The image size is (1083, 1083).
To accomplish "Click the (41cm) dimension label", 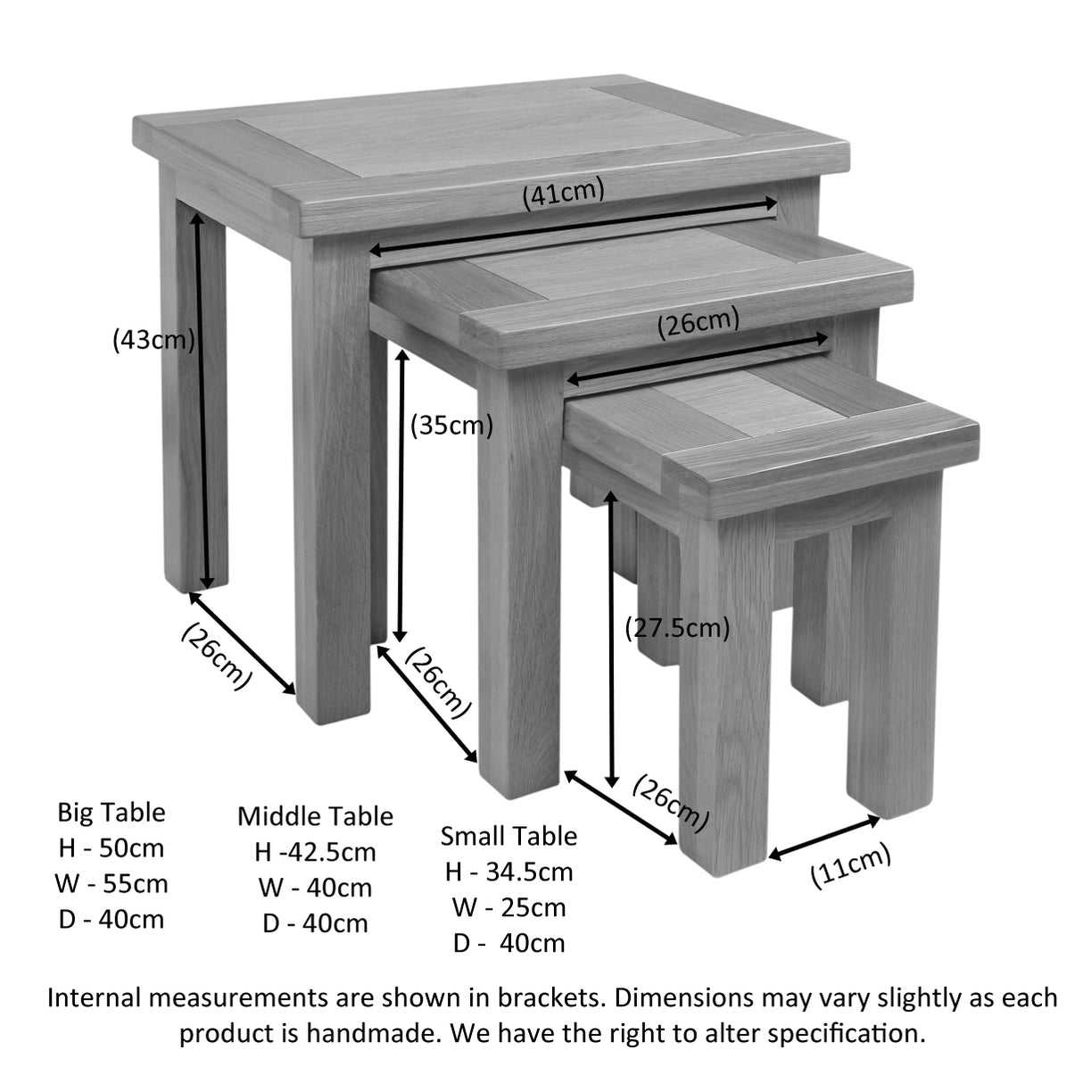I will pyautogui.click(x=563, y=194).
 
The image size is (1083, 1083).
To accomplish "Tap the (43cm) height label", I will pyautogui.click(x=153, y=340).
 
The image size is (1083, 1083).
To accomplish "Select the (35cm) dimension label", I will pyautogui.click(x=451, y=426).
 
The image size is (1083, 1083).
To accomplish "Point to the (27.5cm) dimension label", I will pyautogui.click(x=677, y=628).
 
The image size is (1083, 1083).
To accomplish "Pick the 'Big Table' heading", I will pyautogui.click(x=112, y=813).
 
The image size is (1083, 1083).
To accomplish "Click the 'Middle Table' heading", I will pyautogui.click(x=315, y=816).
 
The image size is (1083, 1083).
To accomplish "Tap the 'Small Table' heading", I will pyautogui.click(x=508, y=836).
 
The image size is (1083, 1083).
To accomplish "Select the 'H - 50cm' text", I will pyautogui.click(x=112, y=848).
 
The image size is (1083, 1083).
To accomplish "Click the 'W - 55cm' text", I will pyautogui.click(x=112, y=884).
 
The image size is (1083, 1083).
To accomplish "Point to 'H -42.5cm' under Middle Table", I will pyautogui.click(x=315, y=852).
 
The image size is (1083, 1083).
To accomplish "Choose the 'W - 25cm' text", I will pyautogui.click(x=508, y=907).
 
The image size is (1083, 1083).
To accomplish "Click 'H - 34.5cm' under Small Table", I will pyautogui.click(x=508, y=872).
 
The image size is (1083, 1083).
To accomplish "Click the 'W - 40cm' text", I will pyautogui.click(x=315, y=888).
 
